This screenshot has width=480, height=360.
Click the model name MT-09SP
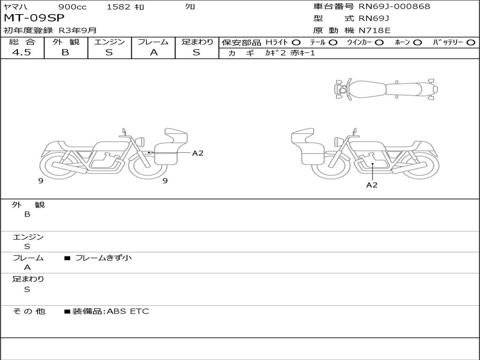pos(34,18)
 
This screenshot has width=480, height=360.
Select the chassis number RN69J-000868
pos(394,6)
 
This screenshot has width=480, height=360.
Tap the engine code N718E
pos(375,30)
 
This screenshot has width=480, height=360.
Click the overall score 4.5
pos(22,52)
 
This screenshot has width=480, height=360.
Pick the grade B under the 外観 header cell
pos(65,52)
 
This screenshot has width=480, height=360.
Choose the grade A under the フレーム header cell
pos(154,52)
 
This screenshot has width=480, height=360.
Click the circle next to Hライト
pos(296,42)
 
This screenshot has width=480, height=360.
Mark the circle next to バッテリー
pos(471,42)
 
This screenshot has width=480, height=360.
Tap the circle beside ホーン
pos(417,42)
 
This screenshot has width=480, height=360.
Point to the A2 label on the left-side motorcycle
pos(198,153)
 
